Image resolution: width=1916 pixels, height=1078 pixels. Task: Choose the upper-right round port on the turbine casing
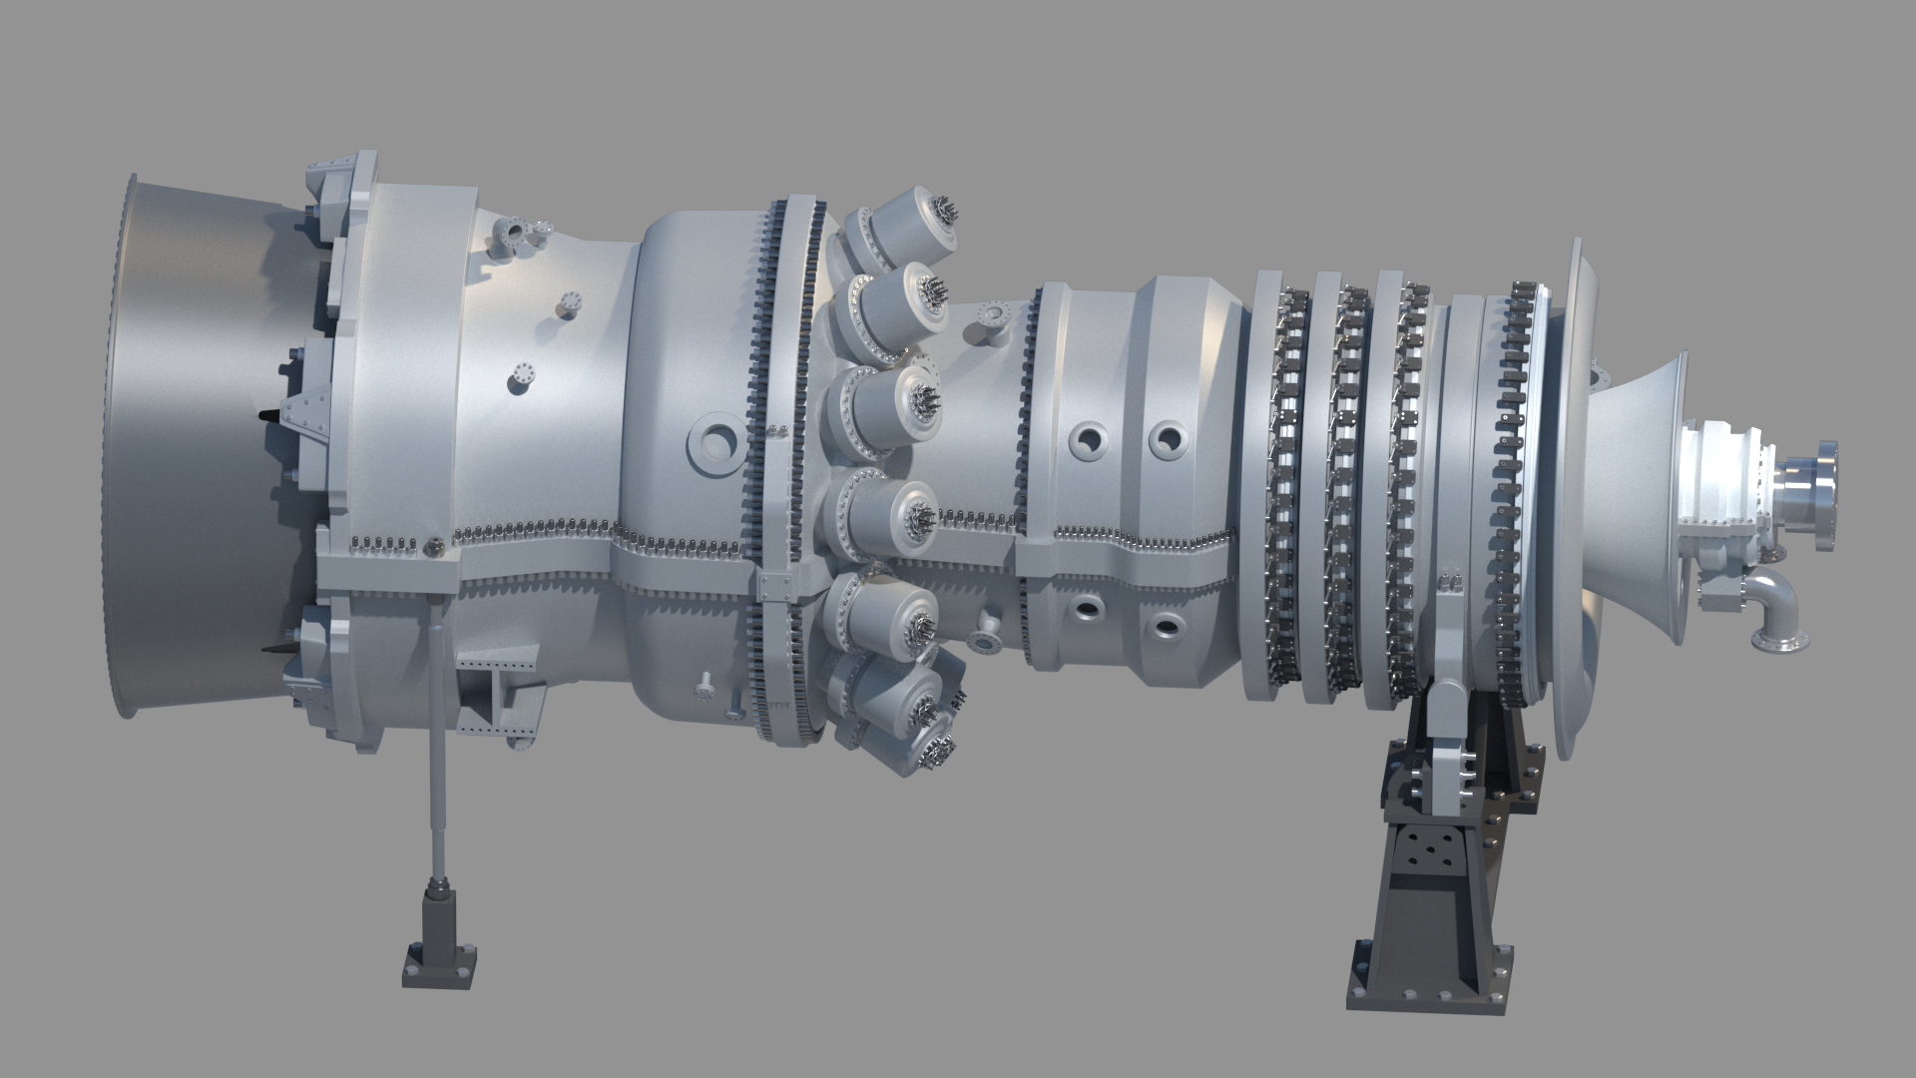[1166, 439]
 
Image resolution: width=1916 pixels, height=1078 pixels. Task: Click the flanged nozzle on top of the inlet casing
[514, 234]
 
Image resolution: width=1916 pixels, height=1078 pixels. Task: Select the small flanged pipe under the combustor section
[988, 629]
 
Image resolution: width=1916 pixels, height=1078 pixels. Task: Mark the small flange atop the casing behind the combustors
[993, 315]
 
